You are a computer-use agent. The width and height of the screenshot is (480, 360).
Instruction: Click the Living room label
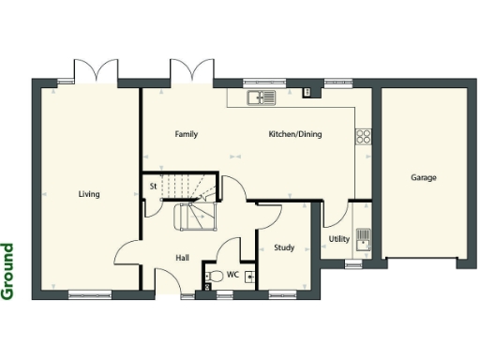pyautogui.click(x=89, y=194)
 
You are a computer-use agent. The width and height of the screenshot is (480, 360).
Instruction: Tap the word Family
pyautogui.click(x=187, y=134)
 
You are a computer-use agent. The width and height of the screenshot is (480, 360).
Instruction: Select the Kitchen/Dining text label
pyautogui.click(x=294, y=134)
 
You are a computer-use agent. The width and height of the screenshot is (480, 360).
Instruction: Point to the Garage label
pyautogui.click(x=424, y=177)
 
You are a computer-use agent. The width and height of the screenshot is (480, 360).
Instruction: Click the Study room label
pyautogui.click(x=284, y=247)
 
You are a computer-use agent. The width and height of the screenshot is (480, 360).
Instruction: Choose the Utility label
pyautogui.click(x=338, y=239)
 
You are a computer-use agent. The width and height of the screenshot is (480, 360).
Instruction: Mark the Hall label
pyautogui.click(x=184, y=257)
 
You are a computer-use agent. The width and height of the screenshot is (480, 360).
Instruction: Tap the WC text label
pyautogui.click(x=233, y=276)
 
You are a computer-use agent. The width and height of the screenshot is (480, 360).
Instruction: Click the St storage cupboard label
pyautogui.click(x=153, y=187)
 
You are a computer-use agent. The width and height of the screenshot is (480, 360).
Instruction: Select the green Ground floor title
pyautogui.click(x=8, y=271)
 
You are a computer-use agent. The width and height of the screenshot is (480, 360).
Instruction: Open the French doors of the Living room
pyautogui.click(x=97, y=71)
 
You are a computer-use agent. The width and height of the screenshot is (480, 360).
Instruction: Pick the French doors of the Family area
pyautogui.click(x=191, y=71)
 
